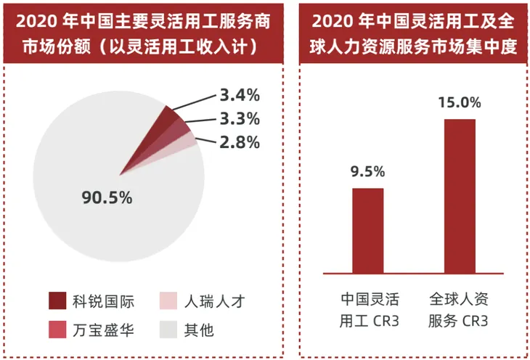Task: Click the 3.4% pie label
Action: pyautogui.click(x=239, y=95)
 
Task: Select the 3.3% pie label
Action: pyautogui.click(x=239, y=119)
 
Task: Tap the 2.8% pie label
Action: pyautogui.click(x=239, y=143)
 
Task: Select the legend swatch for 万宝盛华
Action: pyautogui.click(x=57, y=329)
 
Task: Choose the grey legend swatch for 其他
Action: pyautogui.click(x=168, y=329)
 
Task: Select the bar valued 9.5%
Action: pyautogui.click(x=367, y=230)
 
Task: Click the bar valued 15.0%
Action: pyautogui.click(x=460, y=196)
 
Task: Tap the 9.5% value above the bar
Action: pyautogui.click(x=367, y=172)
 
